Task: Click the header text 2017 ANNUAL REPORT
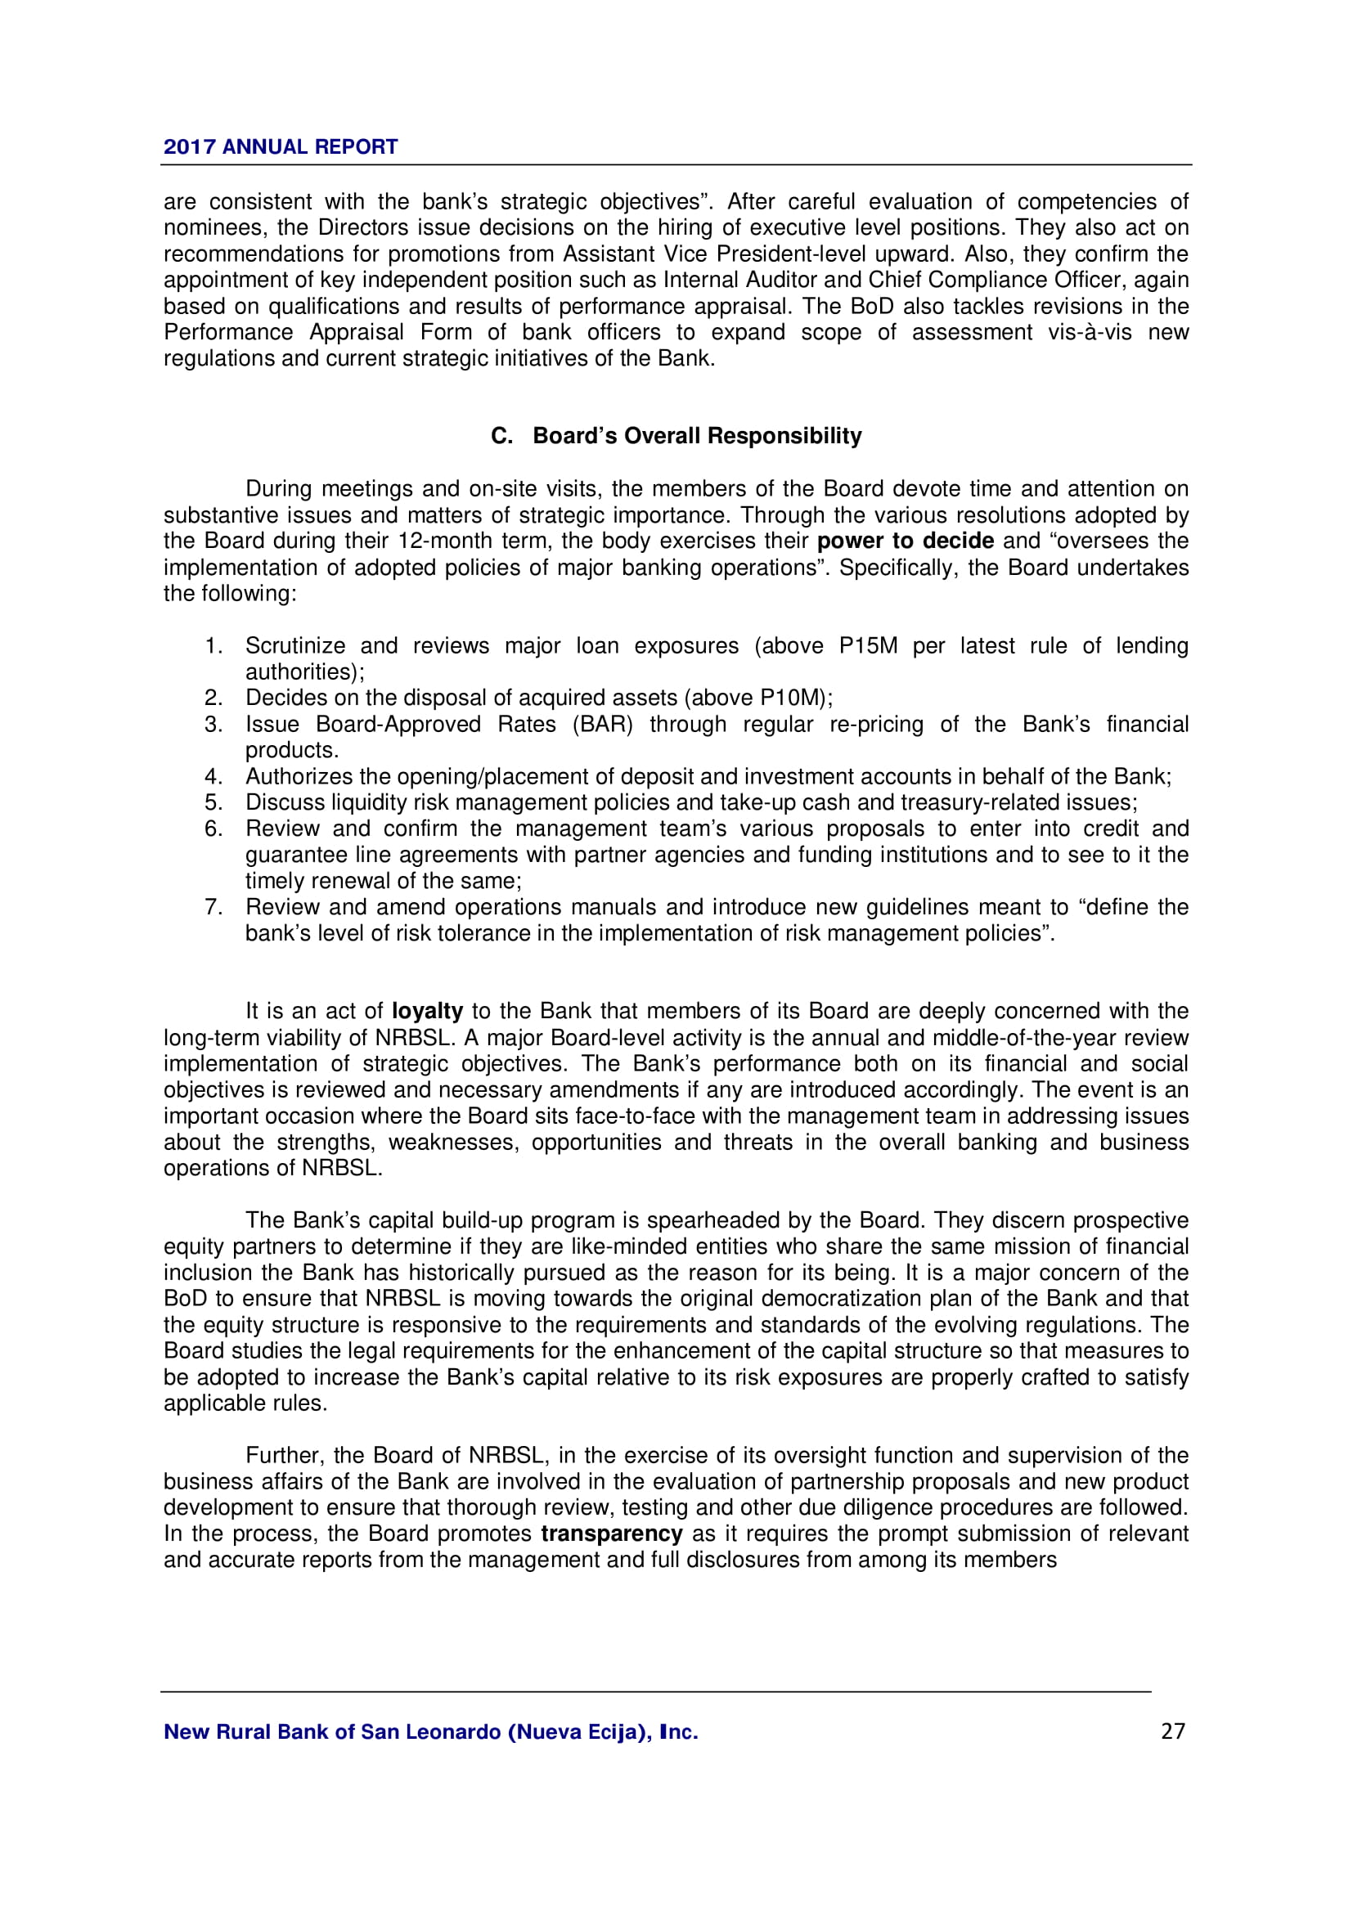pyautogui.click(x=280, y=146)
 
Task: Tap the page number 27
pyautogui.click(x=1172, y=1731)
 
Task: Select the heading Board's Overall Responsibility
pyautogui.click(x=696, y=436)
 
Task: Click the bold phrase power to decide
pyautogui.click(x=905, y=541)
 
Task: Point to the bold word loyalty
pyautogui.click(x=426, y=1012)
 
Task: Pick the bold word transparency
pyautogui.click(x=612, y=1534)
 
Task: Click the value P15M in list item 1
pyautogui.click(x=868, y=646)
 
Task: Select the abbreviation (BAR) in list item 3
pyautogui.click(x=602, y=724)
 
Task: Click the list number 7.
pyautogui.click(x=214, y=906)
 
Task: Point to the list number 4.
pyautogui.click(x=214, y=776)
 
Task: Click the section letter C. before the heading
pyautogui.click(x=501, y=436)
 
